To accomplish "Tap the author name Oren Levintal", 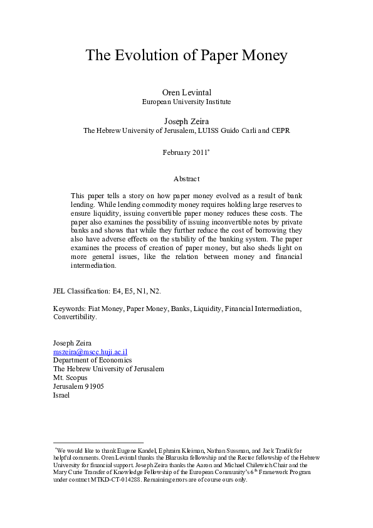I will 186,92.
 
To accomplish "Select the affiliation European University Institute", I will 186,102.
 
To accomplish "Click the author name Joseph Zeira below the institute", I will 186,120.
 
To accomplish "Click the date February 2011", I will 184,152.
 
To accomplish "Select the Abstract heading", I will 186,179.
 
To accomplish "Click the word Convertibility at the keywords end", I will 75,317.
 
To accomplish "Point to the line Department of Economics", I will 92,361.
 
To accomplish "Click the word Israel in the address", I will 62,396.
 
